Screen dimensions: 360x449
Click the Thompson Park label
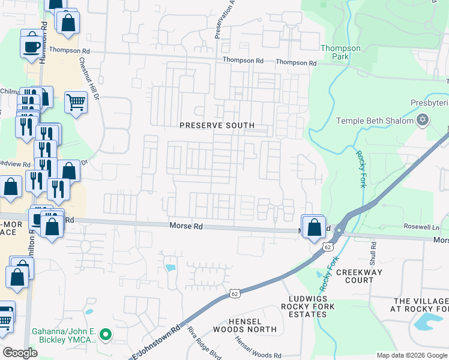[340, 52]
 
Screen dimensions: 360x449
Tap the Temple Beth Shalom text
[375, 121]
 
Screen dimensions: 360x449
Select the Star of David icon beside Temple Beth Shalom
[423, 121]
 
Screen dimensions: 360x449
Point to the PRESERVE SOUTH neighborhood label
[217, 125]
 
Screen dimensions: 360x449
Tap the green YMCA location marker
[106, 335]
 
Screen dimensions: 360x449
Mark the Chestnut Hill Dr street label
[89, 77]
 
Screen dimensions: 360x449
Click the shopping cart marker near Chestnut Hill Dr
[76, 102]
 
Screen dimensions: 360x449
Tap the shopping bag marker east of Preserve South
[314, 227]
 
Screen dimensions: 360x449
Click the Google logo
[20, 353]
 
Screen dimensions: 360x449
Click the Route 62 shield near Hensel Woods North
[235, 293]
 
